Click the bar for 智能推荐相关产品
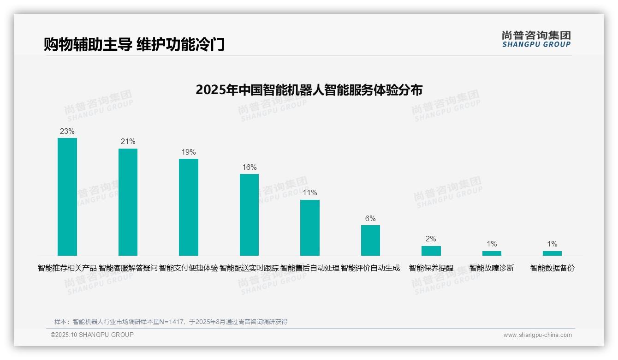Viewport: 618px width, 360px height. (67, 197)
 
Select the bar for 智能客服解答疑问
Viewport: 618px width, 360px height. (128, 202)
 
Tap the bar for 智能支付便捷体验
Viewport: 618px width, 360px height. (189, 207)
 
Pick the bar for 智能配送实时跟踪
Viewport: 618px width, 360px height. (249, 215)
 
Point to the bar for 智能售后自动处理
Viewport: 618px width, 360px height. (310, 228)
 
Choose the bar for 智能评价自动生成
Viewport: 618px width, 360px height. (370, 240)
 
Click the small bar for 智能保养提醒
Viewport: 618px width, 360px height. (431, 251)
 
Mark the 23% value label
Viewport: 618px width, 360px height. (67, 132)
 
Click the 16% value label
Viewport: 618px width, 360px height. (249, 168)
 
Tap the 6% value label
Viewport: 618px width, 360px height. (370, 219)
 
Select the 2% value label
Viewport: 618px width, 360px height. (431, 239)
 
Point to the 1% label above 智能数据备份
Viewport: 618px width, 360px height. (552, 244)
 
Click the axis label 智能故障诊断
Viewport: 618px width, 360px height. (492, 268)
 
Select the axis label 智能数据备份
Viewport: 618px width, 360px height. (552, 268)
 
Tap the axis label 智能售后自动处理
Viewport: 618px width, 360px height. (310, 268)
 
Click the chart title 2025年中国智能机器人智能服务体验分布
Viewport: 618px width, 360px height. (309, 90)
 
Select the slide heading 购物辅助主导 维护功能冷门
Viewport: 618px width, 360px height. (134, 45)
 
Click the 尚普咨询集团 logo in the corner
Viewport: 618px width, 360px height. (536, 39)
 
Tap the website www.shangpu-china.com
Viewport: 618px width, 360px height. (537, 335)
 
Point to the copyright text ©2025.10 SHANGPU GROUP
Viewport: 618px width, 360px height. (92, 335)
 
